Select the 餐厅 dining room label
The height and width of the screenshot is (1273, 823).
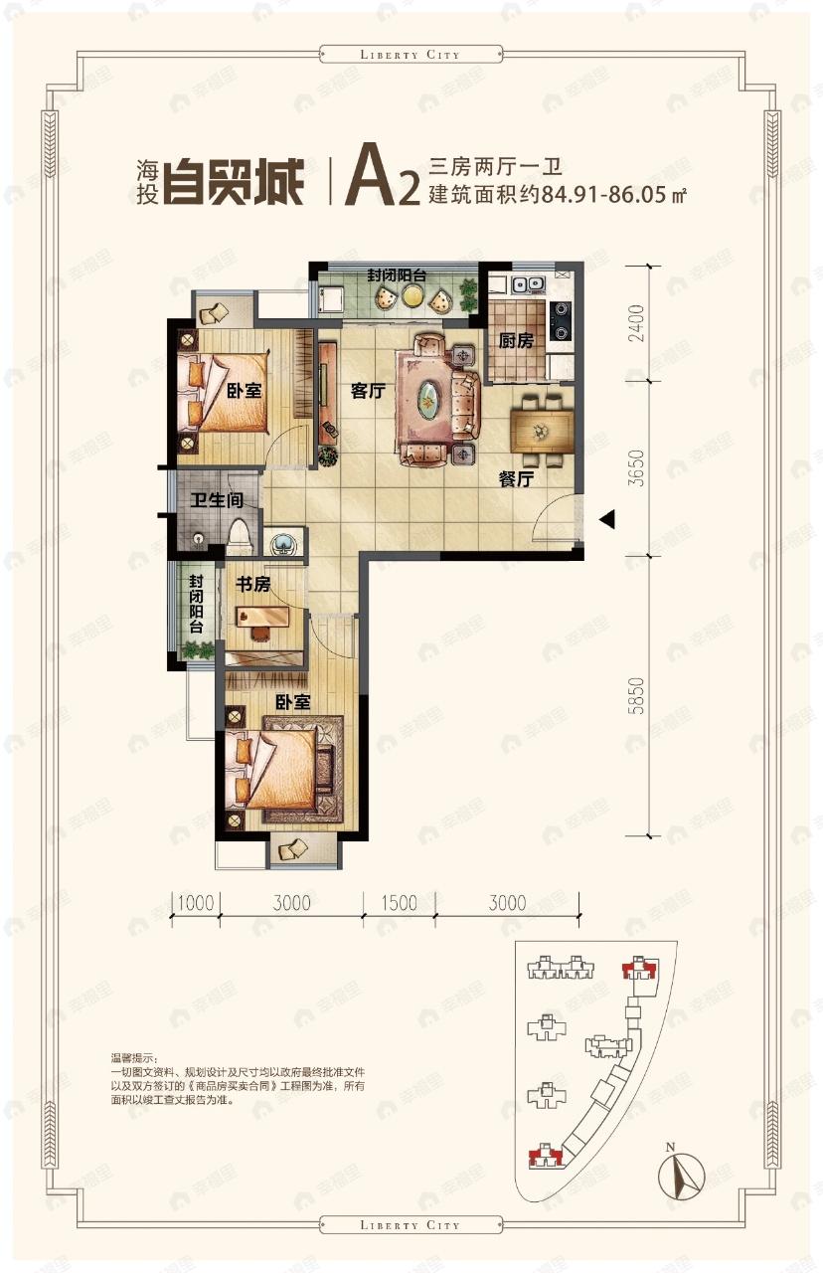(517, 478)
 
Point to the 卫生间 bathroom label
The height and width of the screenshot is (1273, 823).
(217, 500)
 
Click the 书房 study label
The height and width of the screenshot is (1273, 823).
(252, 585)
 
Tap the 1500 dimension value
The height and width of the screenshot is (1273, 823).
(398, 903)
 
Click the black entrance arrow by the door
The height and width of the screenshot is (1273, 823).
(607, 519)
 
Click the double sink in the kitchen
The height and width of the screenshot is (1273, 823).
(526, 283)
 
